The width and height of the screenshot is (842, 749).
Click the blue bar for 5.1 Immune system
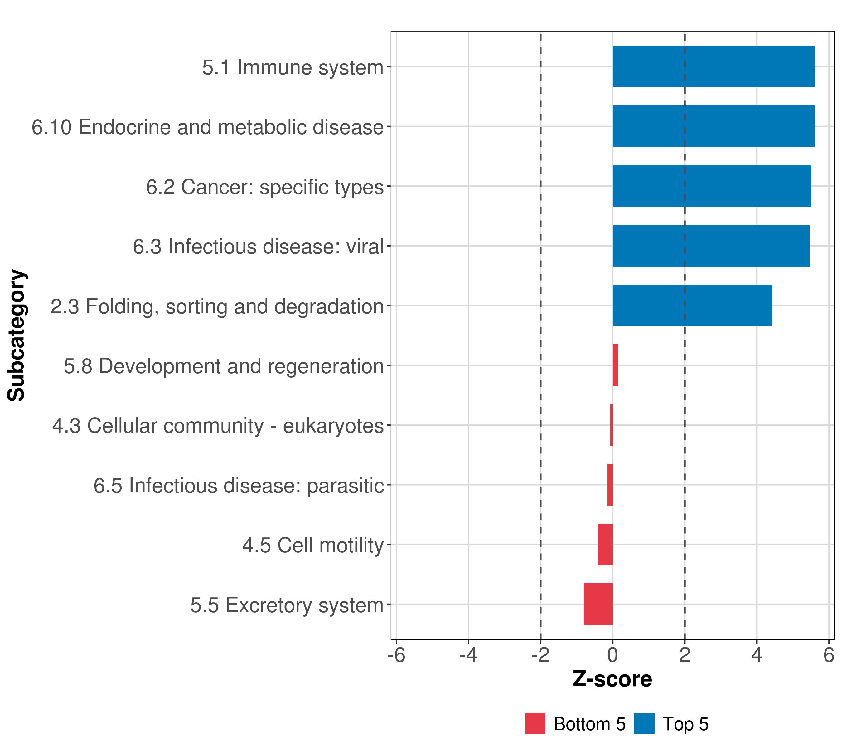(713, 66)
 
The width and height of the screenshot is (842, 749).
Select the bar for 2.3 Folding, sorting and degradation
(692, 306)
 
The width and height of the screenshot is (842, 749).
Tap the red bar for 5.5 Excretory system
(598, 604)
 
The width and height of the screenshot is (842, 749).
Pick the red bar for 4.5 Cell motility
(606, 545)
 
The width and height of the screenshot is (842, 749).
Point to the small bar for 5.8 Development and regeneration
(615, 365)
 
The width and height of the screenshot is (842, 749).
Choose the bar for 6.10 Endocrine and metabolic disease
(713, 126)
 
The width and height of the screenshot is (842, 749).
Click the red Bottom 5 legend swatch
(535, 723)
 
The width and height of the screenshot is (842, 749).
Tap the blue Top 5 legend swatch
(644, 723)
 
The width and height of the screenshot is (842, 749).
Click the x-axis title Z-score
(612, 679)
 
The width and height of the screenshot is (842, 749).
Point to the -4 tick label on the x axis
(468, 655)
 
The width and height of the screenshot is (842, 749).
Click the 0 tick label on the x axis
(612, 655)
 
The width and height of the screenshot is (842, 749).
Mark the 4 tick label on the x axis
(757, 655)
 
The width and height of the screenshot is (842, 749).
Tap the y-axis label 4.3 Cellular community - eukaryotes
(218, 426)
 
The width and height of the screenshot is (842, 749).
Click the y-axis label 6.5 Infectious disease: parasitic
(239, 485)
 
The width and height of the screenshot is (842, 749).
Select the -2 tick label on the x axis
(540, 655)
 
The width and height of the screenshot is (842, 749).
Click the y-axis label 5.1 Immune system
(293, 67)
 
